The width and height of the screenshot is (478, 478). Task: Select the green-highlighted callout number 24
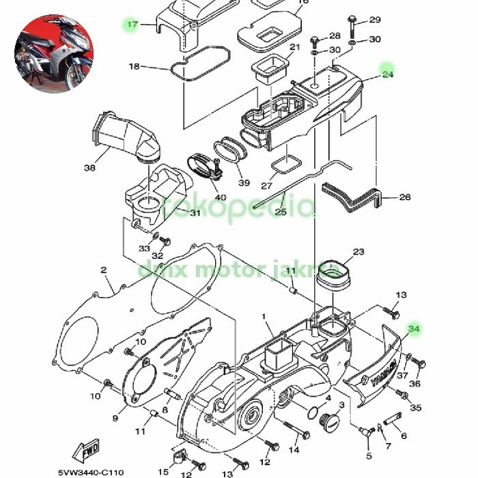[388, 74]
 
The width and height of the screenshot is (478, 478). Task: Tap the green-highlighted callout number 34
[414, 329]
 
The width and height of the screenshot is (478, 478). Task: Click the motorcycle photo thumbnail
[53, 55]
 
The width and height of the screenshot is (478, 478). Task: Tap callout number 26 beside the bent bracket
[405, 197]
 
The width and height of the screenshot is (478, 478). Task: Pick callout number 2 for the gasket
[104, 270]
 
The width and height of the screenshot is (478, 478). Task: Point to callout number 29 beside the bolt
[375, 19]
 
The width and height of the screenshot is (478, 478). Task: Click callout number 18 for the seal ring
[134, 66]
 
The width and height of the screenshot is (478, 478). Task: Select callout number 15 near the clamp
[164, 452]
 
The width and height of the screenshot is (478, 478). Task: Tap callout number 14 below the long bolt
[294, 450]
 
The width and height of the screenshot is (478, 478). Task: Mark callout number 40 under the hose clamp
[220, 198]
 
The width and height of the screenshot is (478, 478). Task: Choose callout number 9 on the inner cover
[115, 418]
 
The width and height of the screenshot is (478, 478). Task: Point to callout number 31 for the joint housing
[195, 213]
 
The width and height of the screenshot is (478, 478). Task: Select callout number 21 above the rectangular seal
[295, 47]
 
